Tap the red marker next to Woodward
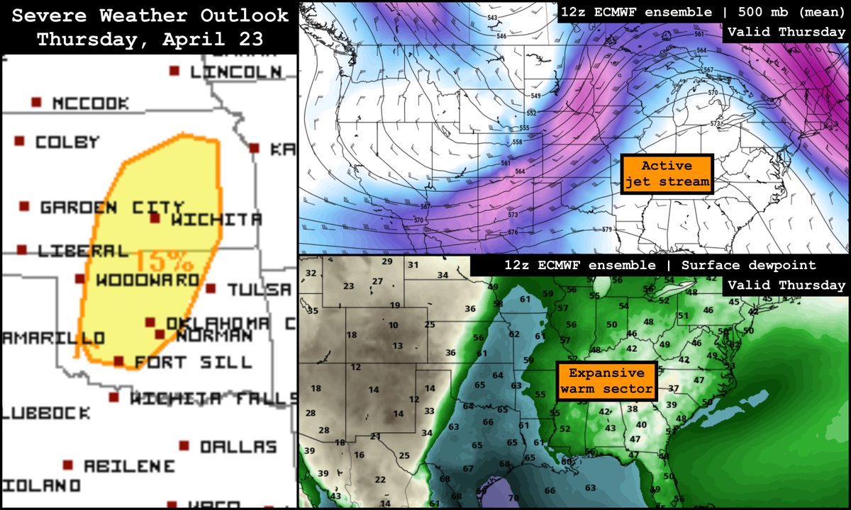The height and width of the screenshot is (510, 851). click(x=80, y=279)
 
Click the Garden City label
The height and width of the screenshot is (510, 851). click(x=102, y=208)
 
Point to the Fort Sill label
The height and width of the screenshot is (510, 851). click(x=193, y=362)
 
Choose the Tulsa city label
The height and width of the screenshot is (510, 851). click(x=259, y=290)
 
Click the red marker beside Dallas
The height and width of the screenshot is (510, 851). click(x=184, y=446)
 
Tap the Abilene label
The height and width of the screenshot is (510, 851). click(x=128, y=466)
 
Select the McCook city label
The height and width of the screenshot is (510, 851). click(x=91, y=103)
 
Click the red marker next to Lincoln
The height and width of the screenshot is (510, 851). click(x=174, y=71)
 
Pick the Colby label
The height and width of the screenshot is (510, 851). click(x=67, y=142)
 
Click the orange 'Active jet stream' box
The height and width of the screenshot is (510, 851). click(x=667, y=174)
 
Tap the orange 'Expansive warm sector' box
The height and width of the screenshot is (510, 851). click(x=606, y=381)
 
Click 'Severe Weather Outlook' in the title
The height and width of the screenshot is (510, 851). click(x=149, y=16)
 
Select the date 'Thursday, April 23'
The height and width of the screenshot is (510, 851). click(x=149, y=40)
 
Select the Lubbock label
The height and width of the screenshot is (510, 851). click(x=46, y=412)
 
